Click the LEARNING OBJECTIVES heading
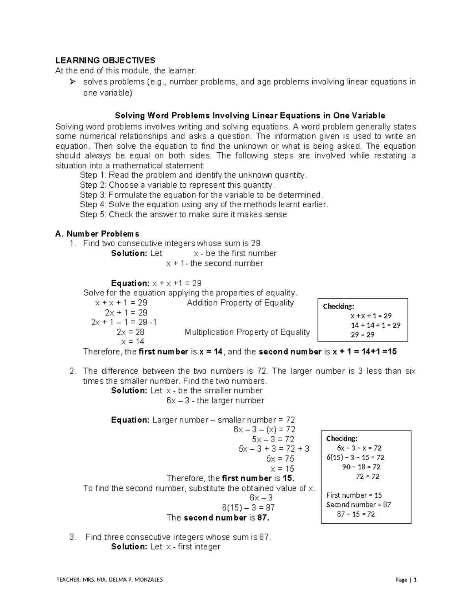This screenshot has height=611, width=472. (105, 60)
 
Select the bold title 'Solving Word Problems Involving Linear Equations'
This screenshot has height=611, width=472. (249, 116)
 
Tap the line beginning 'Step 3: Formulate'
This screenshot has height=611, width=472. (201, 195)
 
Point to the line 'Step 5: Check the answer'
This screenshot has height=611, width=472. (183, 214)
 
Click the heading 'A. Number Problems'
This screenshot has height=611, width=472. (97, 234)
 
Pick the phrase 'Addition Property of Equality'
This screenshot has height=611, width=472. (240, 303)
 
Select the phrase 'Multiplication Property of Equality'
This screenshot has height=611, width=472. (247, 332)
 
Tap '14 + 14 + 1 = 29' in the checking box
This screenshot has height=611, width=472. (376, 325)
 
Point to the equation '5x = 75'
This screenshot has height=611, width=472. (280, 459)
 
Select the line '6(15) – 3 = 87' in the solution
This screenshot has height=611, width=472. (248, 508)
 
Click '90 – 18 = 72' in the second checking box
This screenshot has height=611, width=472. (361, 467)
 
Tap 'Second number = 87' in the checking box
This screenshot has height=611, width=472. (358, 505)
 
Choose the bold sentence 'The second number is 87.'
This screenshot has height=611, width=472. (218, 518)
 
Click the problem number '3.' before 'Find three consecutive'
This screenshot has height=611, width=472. (72, 537)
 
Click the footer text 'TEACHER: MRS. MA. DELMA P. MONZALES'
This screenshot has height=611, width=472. (109, 580)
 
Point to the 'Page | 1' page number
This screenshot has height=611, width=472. (406, 580)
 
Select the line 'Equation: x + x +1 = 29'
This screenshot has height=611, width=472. (156, 283)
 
